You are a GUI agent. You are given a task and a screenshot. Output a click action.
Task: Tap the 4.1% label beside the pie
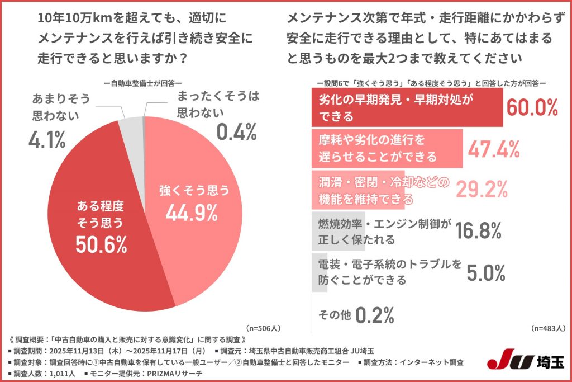click(x=47, y=140)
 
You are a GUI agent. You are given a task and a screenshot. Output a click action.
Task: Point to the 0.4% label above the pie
click(x=236, y=132)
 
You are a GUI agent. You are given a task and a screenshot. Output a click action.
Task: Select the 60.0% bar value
click(x=531, y=107)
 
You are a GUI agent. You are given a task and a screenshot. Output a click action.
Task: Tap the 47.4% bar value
click(x=494, y=148)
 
